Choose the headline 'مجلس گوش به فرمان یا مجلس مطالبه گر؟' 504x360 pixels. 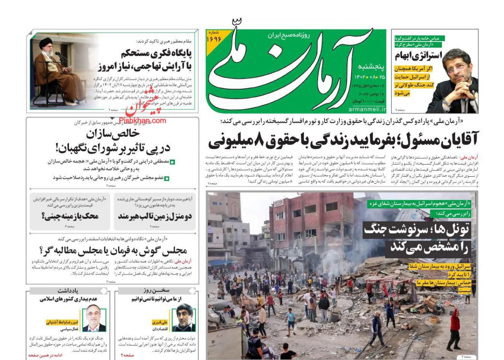click(112, 250)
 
